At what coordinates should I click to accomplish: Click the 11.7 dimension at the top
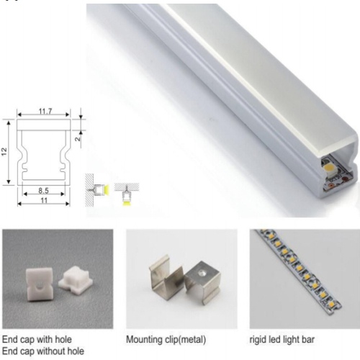[x=45, y=111]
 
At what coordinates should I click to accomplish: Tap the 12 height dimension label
[x=4, y=152]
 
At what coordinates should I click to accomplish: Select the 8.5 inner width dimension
[x=43, y=191]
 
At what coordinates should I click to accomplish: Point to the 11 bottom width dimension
[x=44, y=200]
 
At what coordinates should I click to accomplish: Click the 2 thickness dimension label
[x=78, y=138]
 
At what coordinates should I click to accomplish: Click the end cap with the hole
[x=38, y=284]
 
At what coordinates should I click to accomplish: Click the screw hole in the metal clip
[x=201, y=273]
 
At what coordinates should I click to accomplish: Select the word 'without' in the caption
[x=49, y=351]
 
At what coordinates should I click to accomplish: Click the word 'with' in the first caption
[x=45, y=339]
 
